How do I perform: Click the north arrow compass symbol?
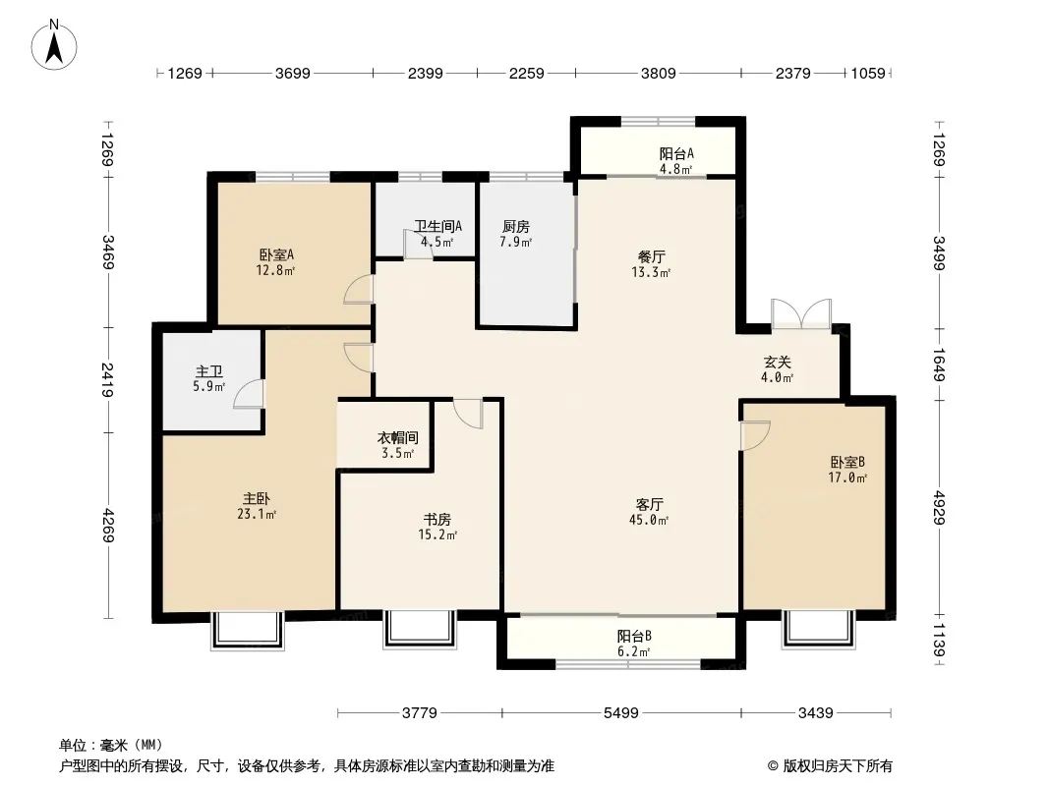[x=54, y=45]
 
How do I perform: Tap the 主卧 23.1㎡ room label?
[x=257, y=506]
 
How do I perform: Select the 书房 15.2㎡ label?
[x=437, y=527]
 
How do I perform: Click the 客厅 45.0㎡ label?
[x=649, y=512]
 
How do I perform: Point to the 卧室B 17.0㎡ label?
[x=847, y=470]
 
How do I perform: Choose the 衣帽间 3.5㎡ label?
[x=398, y=445]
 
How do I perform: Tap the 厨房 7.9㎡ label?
[x=516, y=234]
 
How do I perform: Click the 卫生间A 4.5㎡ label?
[x=437, y=234]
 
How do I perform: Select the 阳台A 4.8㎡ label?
[x=676, y=161]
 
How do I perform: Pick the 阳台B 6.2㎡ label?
[x=633, y=644]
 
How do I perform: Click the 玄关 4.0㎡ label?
[x=778, y=369]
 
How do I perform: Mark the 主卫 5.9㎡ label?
[x=209, y=378]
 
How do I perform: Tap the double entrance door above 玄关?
[x=801, y=313]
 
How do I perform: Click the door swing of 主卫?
[x=248, y=393]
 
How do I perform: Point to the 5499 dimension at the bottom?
[x=621, y=713]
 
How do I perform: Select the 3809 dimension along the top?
[x=659, y=73]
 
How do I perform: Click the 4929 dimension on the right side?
[x=940, y=508]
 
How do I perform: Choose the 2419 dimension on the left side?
[x=107, y=379]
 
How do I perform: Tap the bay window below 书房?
[x=421, y=629]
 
